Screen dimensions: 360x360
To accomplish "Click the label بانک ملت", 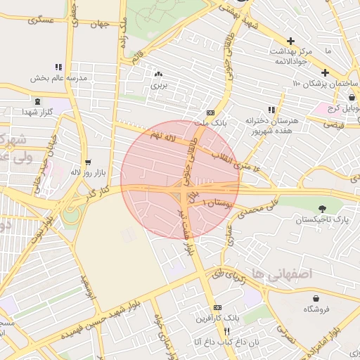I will [211, 123].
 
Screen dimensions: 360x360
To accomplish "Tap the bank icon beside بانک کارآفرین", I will [217, 308].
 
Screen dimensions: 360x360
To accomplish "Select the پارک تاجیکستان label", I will [322, 220].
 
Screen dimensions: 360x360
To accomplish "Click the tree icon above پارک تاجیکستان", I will [322, 208].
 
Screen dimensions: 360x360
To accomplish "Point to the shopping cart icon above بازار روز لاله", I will [88, 162].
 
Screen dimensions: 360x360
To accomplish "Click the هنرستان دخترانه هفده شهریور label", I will [271, 124].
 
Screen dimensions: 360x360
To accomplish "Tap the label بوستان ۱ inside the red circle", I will [217, 202].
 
